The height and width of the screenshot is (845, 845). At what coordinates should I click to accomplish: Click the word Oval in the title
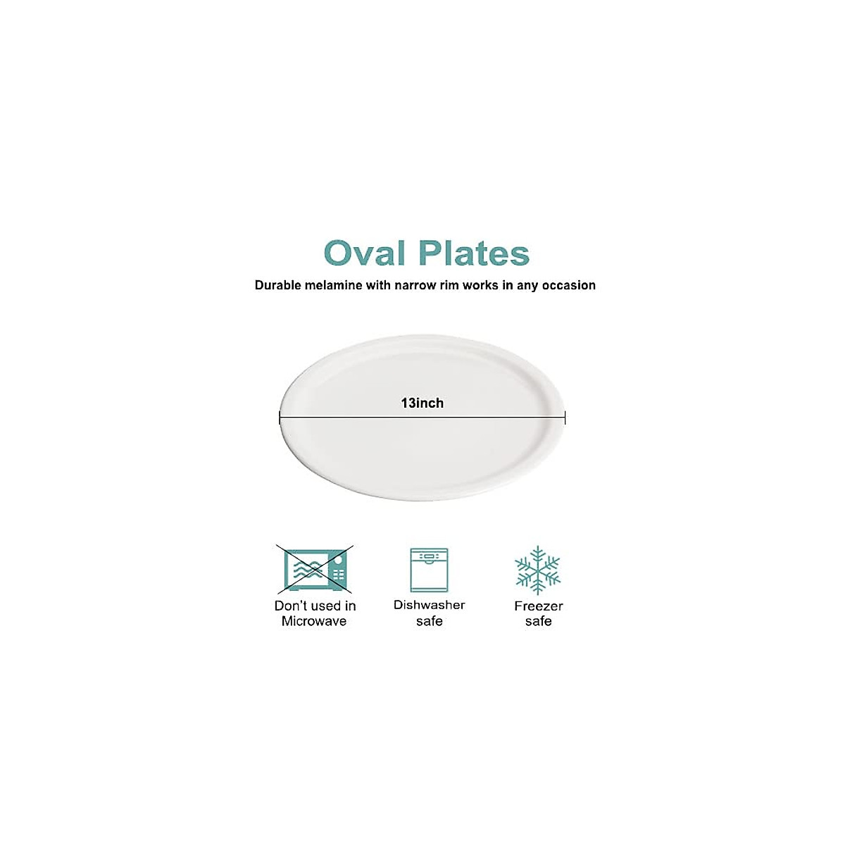tap(365, 254)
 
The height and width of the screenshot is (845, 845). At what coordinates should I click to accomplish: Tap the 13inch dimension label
tap(423, 403)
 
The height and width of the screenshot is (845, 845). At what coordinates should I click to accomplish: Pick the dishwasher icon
tap(429, 570)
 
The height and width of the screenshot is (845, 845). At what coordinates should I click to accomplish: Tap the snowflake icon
tap(538, 570)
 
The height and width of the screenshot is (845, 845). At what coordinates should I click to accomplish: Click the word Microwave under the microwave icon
tap(314, 621)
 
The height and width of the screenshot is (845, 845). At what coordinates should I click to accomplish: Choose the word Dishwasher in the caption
tap(429, 605)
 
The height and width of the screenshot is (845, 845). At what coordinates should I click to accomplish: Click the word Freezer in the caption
tap(539, 606)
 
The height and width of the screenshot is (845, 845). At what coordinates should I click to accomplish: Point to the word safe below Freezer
tap(539, 621)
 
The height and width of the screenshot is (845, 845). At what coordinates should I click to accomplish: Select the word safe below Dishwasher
tap(429, 621)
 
